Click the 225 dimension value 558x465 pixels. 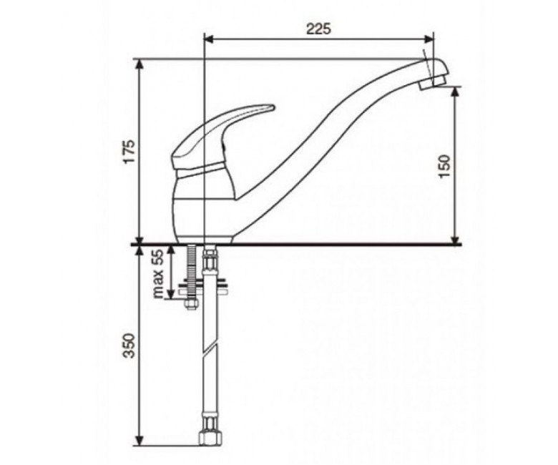(318, 29)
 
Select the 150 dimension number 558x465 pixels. (444, 166)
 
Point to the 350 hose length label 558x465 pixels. (129, 346)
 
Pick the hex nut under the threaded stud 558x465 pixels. (191, 304)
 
